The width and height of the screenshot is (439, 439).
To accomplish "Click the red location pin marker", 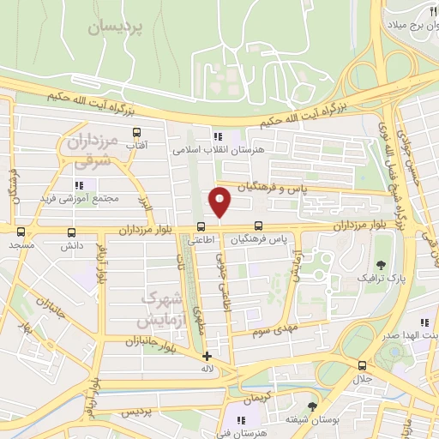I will [x=220, y=201].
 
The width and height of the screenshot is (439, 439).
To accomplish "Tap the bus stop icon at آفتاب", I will [x=136, y=133].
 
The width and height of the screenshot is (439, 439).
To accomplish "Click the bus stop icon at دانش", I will [x=69, y=232].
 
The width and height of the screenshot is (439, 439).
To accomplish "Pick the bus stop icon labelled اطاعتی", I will [x=201, y=227].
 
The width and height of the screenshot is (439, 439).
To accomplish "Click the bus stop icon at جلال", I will [x=362, y=365].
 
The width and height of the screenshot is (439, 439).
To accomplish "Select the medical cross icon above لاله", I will [x=206, y=356].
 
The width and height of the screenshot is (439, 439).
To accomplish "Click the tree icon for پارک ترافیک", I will [x=382, y=264].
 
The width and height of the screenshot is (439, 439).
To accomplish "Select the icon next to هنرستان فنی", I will [x=241, y=420].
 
